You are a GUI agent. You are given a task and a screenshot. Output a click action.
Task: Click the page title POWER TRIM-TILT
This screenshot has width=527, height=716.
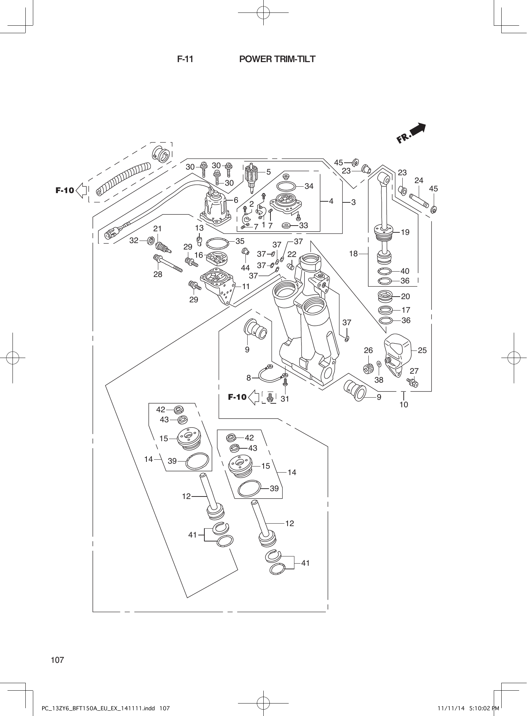[x=277, y=59]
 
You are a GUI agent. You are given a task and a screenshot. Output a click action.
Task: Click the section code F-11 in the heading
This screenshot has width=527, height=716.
[x=185, y=59]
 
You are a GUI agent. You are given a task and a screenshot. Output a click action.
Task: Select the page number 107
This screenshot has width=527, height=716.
[x=58, y=660]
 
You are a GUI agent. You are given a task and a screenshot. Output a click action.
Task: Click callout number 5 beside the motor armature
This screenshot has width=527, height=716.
[x=269, y=172]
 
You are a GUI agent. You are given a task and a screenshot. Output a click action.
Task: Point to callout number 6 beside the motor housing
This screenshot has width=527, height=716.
[x=236, y=200]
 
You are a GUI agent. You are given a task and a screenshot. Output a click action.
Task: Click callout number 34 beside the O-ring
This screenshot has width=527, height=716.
[x=309, y=186]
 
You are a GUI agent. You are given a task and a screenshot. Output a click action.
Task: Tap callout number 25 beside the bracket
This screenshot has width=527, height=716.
[x=422, y=350]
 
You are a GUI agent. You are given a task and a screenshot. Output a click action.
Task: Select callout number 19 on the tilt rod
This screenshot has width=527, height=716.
[x=405, y=232]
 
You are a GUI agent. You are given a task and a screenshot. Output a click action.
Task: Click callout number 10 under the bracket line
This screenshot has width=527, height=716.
[x=404, y=404]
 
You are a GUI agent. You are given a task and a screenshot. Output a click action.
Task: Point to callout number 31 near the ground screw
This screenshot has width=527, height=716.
[x=285, y=399]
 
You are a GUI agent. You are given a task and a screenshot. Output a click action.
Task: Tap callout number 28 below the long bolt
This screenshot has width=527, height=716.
[x=158, y=274]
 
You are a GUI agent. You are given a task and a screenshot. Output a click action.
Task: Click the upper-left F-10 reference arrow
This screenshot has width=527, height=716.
[x=70, y=190]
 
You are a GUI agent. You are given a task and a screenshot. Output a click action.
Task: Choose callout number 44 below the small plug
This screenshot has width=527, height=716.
[x=245, y=268]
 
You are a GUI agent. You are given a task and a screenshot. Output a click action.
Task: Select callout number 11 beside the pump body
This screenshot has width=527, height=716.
[x=245, y=286]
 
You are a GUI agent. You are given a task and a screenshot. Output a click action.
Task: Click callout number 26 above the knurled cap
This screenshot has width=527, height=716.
[x=368, y=350]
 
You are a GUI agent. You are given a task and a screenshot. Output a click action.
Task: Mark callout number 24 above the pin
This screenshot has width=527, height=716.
[x=419, y=181]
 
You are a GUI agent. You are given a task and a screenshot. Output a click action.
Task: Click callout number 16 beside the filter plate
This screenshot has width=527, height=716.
[x=199, y=255]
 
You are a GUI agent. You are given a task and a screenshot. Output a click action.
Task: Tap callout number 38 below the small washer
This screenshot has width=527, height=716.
[x=379, y=380]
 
